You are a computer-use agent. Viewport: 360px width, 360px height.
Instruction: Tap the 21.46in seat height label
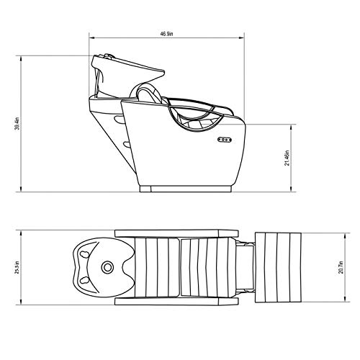(289, 158)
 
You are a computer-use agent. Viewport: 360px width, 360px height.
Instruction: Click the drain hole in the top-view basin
(107, 269)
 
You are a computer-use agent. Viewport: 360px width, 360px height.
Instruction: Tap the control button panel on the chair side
(224, 140)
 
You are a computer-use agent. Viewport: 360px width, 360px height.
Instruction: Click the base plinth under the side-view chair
(188, 189)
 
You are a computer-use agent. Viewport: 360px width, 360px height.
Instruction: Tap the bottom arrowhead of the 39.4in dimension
(22, 192)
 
